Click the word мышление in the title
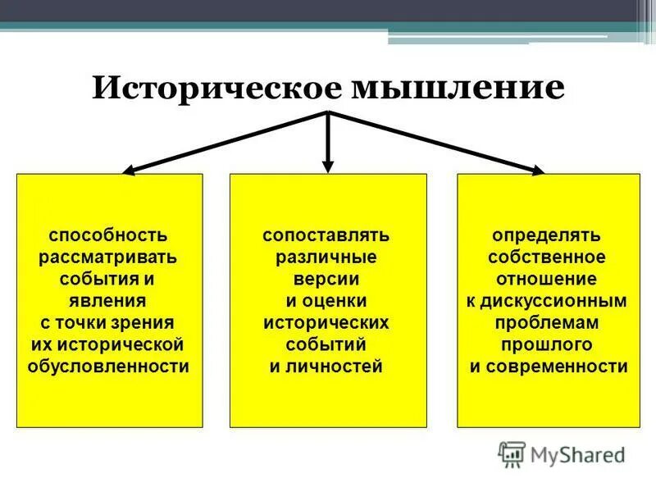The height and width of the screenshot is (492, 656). [458, 87]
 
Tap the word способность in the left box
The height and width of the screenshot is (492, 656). [108, 236]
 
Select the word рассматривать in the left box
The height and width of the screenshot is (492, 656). [108, 257]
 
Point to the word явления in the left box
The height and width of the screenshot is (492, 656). [108, 300]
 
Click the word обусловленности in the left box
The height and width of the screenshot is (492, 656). [108, 366]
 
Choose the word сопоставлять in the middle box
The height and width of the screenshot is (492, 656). [326, 236]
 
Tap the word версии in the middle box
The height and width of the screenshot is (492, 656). [326, 280]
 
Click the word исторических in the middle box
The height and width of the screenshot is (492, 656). [326, 322]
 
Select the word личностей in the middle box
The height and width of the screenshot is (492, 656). [336, 366]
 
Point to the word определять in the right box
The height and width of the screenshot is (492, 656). [547, 236]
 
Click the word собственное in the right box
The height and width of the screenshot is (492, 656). [547, 257]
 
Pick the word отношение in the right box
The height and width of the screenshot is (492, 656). [547, 280]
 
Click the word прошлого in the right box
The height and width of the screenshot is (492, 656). [547, 344]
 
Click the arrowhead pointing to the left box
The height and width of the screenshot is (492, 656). [129, 170]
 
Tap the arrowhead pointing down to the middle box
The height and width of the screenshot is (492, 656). [328, 166]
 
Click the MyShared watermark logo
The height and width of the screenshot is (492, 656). [562, 453]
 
